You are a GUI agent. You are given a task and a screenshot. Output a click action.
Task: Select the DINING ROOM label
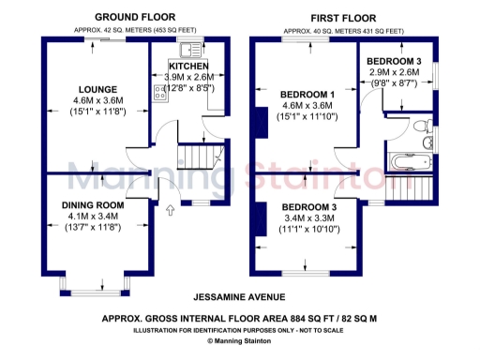click(93, 204)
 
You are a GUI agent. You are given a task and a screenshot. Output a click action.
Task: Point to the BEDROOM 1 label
click(307, 95)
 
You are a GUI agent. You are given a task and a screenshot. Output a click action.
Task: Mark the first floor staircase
click(405, 188)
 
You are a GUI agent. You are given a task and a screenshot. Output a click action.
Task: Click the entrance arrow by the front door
click(170, 211)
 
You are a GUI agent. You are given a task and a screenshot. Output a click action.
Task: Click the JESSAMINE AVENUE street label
click(239, 297)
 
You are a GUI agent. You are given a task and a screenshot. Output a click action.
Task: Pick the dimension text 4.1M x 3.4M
click(93, 216)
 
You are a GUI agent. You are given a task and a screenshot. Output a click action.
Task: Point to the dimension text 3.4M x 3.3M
click(308, 217)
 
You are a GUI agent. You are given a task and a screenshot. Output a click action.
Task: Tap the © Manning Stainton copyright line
click(240, 341)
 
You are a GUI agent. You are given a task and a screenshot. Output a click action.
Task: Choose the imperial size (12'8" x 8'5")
click(189, 87)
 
